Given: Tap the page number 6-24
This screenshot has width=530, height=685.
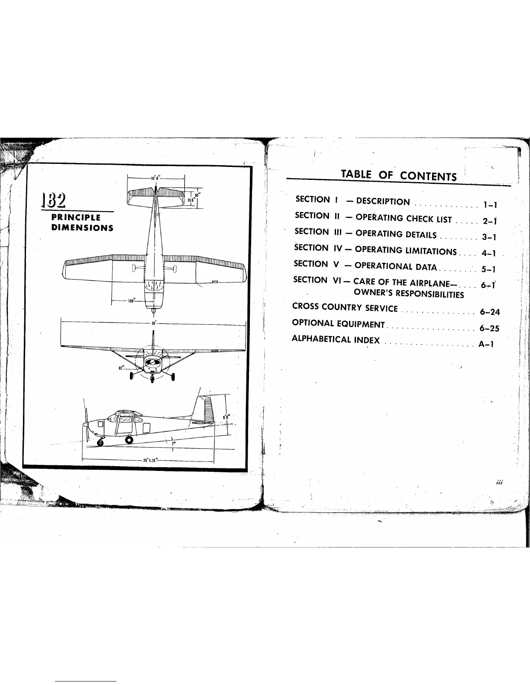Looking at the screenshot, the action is pyautogui.click(x=490, y=312).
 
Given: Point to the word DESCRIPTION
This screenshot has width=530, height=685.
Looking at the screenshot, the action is pyautogui.click(x=383, y=202).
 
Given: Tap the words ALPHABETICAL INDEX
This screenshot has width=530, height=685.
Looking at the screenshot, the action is pyautogui.click(x=336, y=339).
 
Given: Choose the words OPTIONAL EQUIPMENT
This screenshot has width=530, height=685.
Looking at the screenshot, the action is pyautogui.click(x=338, y=323).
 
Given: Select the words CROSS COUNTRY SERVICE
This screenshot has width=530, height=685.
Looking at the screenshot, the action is pyautogui.click(x=345, y=307).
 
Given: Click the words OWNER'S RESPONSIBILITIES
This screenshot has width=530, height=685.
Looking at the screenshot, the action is pyautogui.click(x=409, y=294).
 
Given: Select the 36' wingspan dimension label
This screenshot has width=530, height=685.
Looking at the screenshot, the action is pyautogui.click(x=153, y=323).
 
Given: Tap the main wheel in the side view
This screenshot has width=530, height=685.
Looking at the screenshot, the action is pyautogui.click(x=129, y=440).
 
